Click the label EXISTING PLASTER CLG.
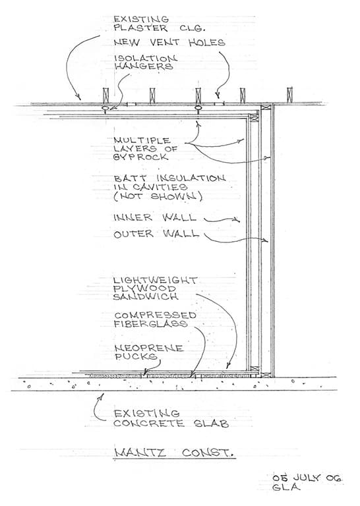tap(159, 24)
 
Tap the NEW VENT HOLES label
tap(169, 43)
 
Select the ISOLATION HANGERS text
tap(145, 63)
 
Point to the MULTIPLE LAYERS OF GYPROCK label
tap(145, 149)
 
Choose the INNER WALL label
tap(155, 217)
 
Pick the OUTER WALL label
tap(156, 233)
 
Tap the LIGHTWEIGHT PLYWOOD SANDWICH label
tap(156, 288)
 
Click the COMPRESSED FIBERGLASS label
tap(155, 320)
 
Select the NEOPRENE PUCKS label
tap(149, 352)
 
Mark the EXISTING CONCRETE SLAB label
tap(171, 418)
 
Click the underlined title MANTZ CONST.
tap(174, 453)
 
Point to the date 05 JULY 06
tap(307, 478)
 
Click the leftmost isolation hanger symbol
tap(105, 108)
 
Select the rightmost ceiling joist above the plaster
tap(289, 95)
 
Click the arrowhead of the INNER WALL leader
tap(237, 221)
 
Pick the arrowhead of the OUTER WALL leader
tap(266, 240)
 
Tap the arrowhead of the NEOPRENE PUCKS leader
tap(145, 372)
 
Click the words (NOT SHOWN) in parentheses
tap(158, 196)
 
